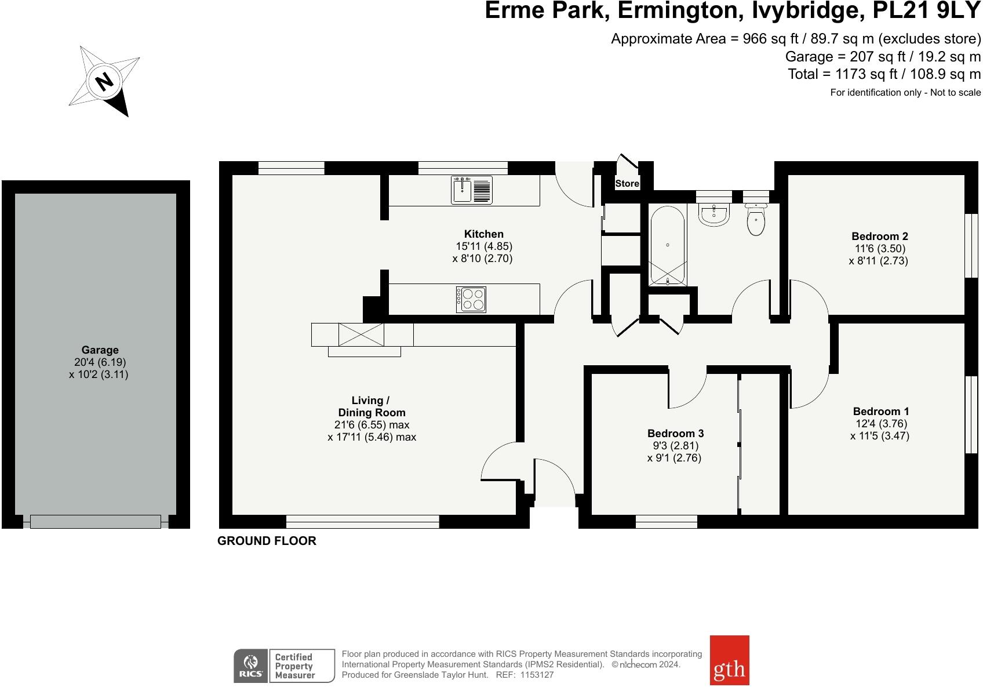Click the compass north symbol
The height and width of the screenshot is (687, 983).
click(x=104, y=82)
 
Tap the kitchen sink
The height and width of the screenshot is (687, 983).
click(x=472, y=190)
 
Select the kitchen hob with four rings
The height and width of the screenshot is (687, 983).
click(x=471, y=299)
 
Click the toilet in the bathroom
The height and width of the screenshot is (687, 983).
click(x=756, y=219)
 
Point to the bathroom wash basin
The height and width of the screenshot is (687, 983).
click(x=713, y=215)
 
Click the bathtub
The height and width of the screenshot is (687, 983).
click(x=668, y=246)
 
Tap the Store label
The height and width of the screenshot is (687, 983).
click(x=627, y=184)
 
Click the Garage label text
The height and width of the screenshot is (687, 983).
click(x=100, y=350)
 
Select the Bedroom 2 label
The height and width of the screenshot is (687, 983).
click(x=880, y=236)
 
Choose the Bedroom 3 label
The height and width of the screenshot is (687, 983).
click(x=675, y=433)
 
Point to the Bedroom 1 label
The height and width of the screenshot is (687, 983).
click(x=881, y=411)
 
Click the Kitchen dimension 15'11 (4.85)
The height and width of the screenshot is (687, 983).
click(x=484, y=246)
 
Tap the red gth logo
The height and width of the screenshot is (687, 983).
click(x=729, y=660)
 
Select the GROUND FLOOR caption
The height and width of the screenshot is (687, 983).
click(x=267, y=541)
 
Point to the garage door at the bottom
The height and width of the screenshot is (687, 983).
click(x=96, y=522)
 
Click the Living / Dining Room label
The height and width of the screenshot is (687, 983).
click(x=372, y=406)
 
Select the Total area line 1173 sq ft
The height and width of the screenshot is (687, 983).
click(x=884, y=74)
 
